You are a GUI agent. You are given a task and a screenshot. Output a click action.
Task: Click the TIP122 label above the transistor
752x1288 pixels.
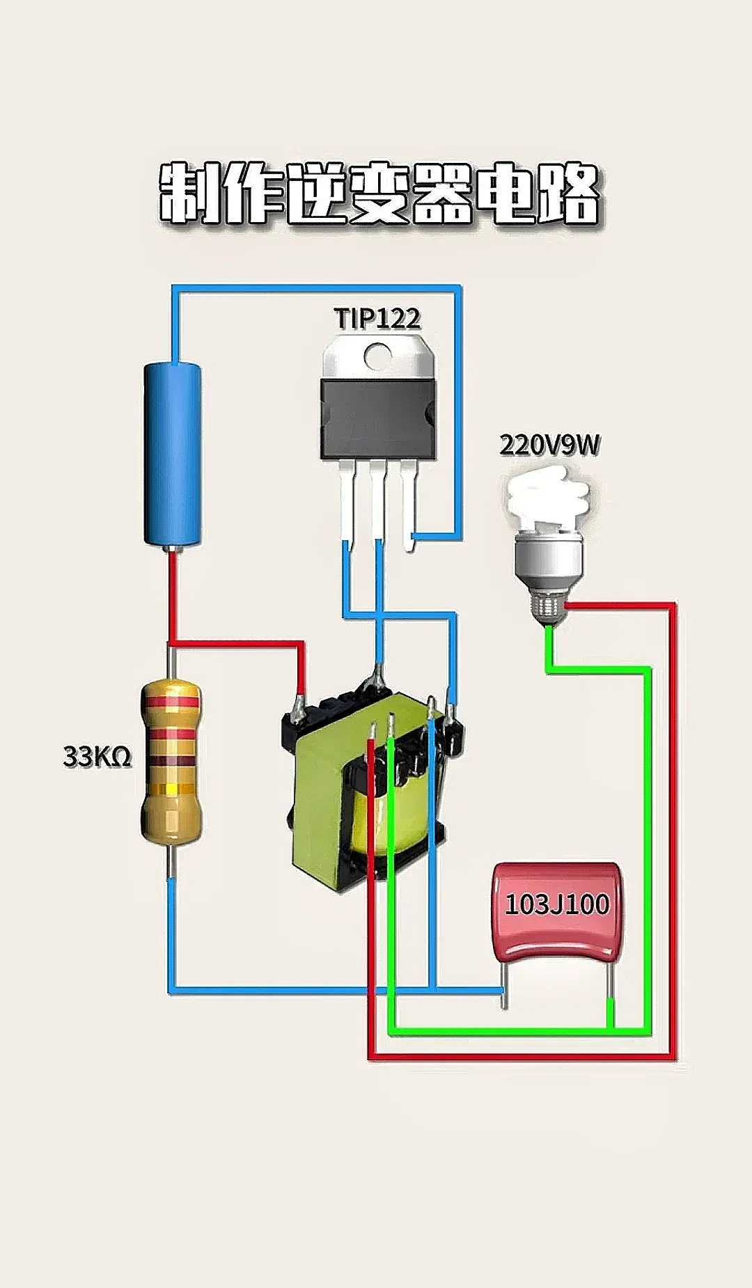coord(378,318)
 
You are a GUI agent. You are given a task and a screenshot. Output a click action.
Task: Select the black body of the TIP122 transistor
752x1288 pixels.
coord(378,420)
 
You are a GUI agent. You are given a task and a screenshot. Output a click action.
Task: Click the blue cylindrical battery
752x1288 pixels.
coord(173,453)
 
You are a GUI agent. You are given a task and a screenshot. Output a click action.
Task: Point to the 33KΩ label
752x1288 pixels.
coord(97,756)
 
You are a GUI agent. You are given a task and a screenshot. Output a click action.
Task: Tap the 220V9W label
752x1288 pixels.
coord(549,445)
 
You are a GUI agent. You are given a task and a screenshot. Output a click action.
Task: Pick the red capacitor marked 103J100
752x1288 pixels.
coord(557,912)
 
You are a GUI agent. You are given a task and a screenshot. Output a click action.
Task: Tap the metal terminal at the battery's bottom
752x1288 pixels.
coord(171,549)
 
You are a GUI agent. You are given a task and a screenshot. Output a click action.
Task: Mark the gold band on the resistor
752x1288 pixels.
coord(171,790)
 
